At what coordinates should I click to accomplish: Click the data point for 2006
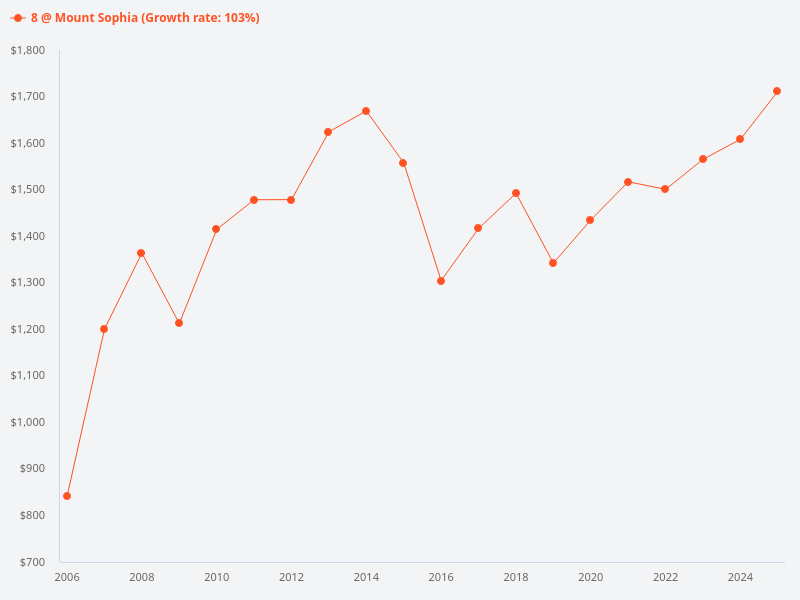67,496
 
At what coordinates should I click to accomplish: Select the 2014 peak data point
366,111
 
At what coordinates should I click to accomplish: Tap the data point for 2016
441,281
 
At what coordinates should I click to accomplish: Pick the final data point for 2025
777,91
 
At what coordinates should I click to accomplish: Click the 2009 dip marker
179,323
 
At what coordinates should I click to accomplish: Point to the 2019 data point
553,263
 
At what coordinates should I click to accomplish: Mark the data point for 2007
104,329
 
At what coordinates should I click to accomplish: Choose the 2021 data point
628,182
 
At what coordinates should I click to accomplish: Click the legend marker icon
18,18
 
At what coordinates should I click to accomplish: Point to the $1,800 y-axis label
27,50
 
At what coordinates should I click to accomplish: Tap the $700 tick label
30,562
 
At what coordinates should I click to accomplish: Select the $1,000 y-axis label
27,422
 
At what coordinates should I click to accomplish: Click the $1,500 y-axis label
27,189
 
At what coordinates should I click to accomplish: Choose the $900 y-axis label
30,468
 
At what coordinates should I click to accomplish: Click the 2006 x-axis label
67,577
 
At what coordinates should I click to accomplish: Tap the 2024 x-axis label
740,577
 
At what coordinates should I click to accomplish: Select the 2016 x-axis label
441,577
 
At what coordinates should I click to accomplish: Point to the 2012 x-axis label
291,577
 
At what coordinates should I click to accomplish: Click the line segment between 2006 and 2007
85,413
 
